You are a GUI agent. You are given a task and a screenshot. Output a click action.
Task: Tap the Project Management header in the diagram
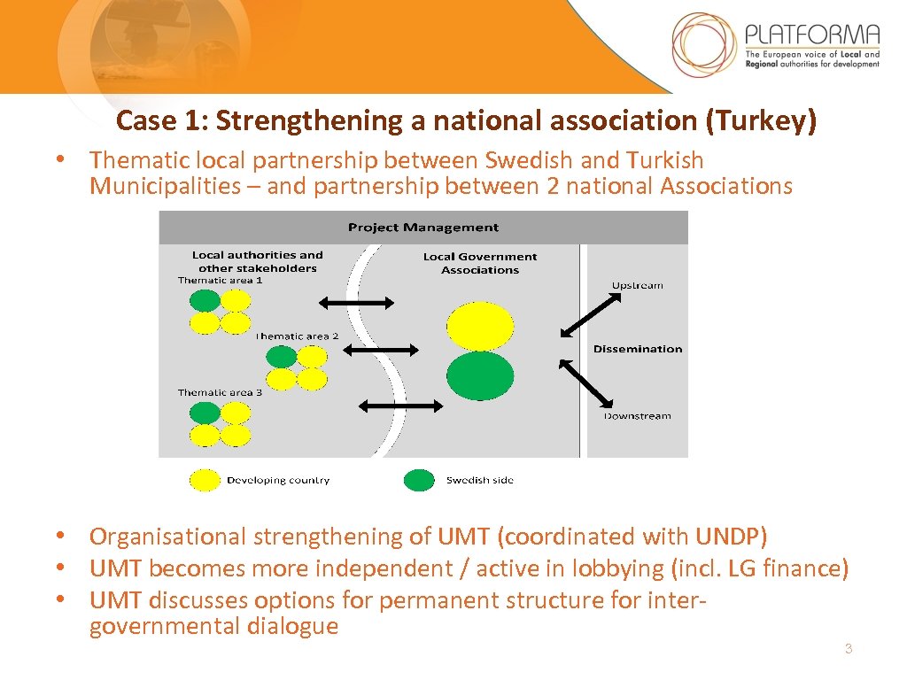[x=422, y=228]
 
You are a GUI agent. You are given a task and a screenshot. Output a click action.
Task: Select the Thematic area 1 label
[x=220, y=281]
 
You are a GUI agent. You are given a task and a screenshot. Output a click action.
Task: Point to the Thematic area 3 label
[x=220, y=392]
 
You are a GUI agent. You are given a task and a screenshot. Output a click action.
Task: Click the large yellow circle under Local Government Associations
[x=480, y=327]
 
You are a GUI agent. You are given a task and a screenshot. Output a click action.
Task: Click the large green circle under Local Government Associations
[x=480, y=375]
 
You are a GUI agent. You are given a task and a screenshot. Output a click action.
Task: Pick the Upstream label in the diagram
[x=637, y=285]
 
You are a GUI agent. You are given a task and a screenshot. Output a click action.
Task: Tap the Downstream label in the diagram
[x=637, y=416]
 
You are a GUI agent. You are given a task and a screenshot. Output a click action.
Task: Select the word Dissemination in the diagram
[x=638, y=349]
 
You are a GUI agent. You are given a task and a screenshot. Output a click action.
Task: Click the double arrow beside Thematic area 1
[x=355, y=304]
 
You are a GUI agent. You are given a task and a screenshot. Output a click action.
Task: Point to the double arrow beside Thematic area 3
[x=400, y=406]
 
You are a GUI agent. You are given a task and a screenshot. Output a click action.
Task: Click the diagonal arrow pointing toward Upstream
[x=592, y=315]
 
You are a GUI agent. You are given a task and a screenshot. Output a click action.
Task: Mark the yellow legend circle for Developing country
[x=205, y=480]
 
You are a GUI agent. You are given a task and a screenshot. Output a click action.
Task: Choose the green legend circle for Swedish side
[x=419, y=480]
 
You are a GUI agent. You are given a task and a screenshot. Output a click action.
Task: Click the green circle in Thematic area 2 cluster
[x=282, y=357]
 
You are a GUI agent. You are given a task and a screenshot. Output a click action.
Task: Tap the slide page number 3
[x=848, y=650]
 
